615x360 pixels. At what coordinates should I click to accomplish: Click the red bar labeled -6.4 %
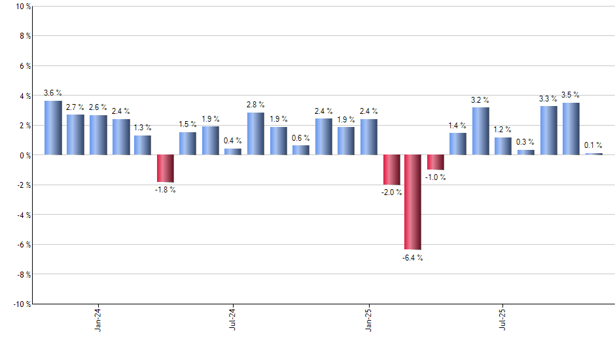[412, 202]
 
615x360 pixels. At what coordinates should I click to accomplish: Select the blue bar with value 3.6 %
[53, 128]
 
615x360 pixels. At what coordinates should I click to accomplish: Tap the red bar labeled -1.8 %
[165, 168]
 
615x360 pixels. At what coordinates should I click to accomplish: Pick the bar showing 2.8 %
[255, 134]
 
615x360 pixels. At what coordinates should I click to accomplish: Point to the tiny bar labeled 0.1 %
[593, 154]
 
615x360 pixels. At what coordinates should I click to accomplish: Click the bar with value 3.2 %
[480, 131]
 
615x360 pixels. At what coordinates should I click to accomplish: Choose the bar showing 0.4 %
[232, 152]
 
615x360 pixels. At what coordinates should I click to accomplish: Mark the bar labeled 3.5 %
[571, 128]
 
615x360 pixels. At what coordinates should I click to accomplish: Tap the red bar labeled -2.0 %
[391, 170]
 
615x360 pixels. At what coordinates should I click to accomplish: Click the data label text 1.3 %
[143, 128]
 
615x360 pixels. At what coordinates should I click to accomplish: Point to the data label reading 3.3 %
[548, 98]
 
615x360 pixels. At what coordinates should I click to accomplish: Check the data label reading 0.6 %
[300, 137]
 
